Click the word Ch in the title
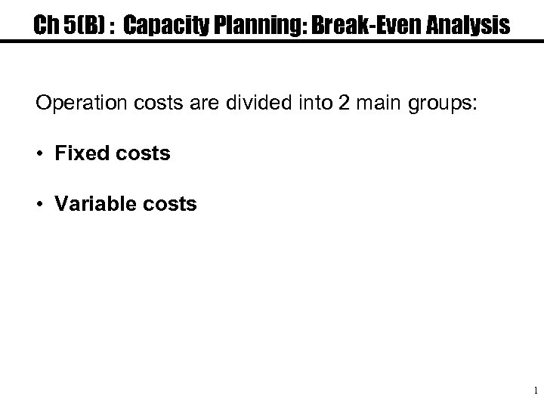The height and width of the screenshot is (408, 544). coord(46,26)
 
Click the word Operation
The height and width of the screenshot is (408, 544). coord(81,103)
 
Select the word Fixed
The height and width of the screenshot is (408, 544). coord(78,153)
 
